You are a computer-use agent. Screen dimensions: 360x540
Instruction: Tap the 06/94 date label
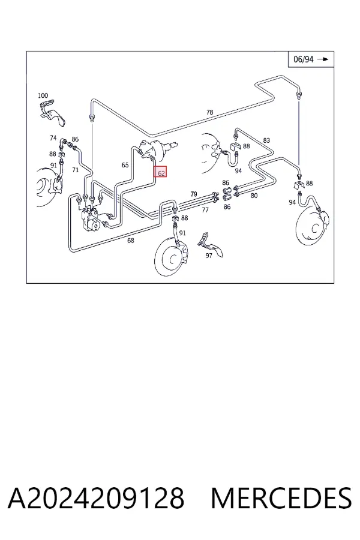coord(303,59)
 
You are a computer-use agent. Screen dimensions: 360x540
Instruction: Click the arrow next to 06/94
coord(323,59)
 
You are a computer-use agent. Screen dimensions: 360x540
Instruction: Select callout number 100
coord(43,95)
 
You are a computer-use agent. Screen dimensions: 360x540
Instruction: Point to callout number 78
coord(209,112)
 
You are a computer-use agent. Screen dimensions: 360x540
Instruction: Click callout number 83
coord(266,140)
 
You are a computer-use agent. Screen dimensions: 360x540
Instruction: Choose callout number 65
coord(125,166)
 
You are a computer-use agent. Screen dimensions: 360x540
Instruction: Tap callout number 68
coord(131,241)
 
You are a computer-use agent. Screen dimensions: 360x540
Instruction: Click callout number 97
coord(209,256)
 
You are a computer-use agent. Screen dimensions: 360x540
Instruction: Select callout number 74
coord(53,138)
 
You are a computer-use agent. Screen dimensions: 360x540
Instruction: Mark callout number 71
coord(76,170)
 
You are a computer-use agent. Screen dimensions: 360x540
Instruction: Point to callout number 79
coord(194,194)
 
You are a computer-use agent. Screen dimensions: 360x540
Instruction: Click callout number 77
coord(205,210)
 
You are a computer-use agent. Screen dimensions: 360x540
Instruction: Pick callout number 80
coord(254,196)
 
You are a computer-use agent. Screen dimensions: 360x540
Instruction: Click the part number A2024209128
coord(96,498)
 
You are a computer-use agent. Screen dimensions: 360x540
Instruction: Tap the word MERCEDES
coord(281,498)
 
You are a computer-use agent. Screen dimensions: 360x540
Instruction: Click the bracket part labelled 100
coord(52,112)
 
